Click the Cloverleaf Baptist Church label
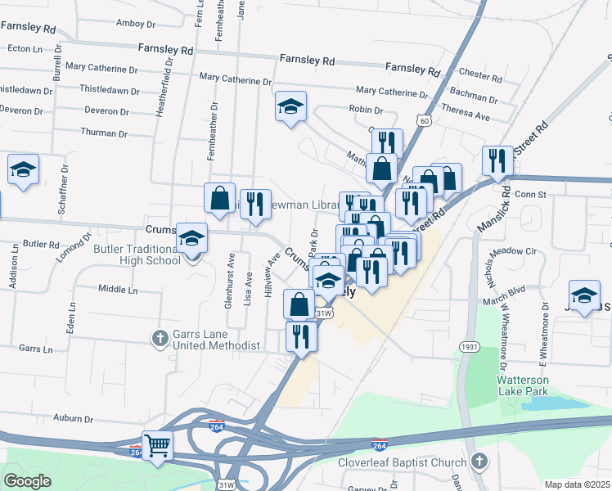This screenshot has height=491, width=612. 402,462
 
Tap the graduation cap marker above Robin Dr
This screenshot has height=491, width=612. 290,106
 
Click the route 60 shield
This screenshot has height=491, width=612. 423,120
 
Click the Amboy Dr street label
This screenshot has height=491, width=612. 136,23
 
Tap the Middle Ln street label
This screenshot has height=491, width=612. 118,289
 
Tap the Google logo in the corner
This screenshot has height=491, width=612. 27,480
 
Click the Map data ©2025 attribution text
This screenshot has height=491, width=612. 577,484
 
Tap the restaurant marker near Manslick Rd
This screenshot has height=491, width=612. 496,160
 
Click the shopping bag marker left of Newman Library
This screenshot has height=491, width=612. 219,198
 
